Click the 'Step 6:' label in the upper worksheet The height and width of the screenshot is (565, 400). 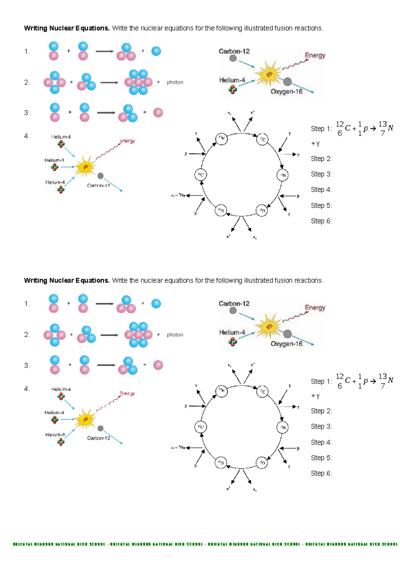coord(321,221)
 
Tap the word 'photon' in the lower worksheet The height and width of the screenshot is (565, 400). coord(175,334)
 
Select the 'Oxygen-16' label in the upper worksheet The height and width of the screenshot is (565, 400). coord(286,92)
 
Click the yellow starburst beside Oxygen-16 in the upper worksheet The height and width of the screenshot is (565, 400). coord(268,74)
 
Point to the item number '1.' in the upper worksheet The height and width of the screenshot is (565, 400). coord(27,51)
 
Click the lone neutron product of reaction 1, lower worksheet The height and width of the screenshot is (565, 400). coord(156,303)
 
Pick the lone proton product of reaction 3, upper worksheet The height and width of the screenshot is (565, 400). coord(158,113)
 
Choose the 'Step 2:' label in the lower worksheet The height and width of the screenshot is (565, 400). coord(321,411)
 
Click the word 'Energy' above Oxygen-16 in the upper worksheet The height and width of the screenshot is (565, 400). coord(315,55)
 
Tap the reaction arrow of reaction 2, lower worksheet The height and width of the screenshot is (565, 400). coord(109,335)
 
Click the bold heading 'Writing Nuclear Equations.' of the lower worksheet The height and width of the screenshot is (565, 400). coord(67,281)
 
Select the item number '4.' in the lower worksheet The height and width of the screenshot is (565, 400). coord(27,388)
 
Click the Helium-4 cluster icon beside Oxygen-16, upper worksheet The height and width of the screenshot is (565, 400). coord(233,89)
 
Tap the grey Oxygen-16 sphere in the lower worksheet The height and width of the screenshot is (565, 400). coord(287,334)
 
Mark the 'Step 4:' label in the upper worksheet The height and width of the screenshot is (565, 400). coord(321,190)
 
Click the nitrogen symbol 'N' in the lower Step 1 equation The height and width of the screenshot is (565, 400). coord(390,380)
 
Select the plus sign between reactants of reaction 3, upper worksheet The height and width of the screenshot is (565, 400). coord(70,112)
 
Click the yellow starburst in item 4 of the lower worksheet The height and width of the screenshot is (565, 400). coord(85,419)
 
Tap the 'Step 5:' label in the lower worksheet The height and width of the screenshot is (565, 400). coord(321,458)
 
